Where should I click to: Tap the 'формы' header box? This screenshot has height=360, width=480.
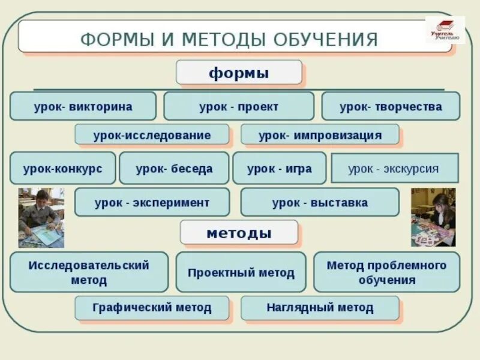pos(238,73)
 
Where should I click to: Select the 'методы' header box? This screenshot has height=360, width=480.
pos(238,232)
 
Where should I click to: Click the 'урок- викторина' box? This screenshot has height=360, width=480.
pos(83,107)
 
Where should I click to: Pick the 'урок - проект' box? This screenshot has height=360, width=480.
pos(238,107)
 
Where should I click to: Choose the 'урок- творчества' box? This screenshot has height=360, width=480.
pos(391,107)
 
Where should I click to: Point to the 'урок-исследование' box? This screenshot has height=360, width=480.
pos(152,135)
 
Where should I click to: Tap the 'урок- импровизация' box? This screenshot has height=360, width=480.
pos(320,135)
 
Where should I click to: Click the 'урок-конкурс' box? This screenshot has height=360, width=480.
pos(62,169)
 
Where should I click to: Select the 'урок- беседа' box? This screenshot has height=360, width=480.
pos(174,169)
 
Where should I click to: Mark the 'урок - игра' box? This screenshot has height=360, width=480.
pos(279,169)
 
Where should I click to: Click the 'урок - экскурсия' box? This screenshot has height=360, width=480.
pos(394,169)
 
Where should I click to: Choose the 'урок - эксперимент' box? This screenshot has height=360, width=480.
pos(152,202)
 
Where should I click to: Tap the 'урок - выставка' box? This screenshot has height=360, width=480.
pos(320,202)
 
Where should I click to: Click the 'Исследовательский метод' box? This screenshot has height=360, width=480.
pos(89,272)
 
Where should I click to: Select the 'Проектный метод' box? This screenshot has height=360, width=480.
pos(241,272)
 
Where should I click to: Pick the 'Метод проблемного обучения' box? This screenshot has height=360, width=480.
pos(386,272)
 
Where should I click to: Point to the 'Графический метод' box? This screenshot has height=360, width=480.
pos(152,308)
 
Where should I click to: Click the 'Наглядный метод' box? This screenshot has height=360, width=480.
pos(320,308)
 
